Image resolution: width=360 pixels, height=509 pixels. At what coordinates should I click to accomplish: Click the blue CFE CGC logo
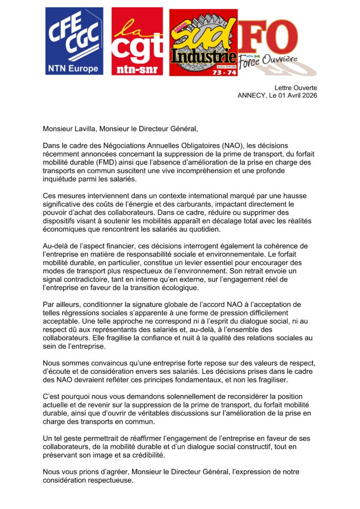pyautogui.click(x=74, y=41)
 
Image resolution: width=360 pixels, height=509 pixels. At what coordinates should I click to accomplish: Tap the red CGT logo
pyautogui.click(x=137, y=41)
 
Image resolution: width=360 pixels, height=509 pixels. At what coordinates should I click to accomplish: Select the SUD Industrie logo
pyautogui.click(x=203, y=42)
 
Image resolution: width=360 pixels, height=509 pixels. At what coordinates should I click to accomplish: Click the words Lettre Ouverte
pyautogui.click(x=295, y=87)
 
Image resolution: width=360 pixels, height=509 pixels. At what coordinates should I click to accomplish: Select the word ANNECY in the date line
pyautogui.click(x=254, y=95)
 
